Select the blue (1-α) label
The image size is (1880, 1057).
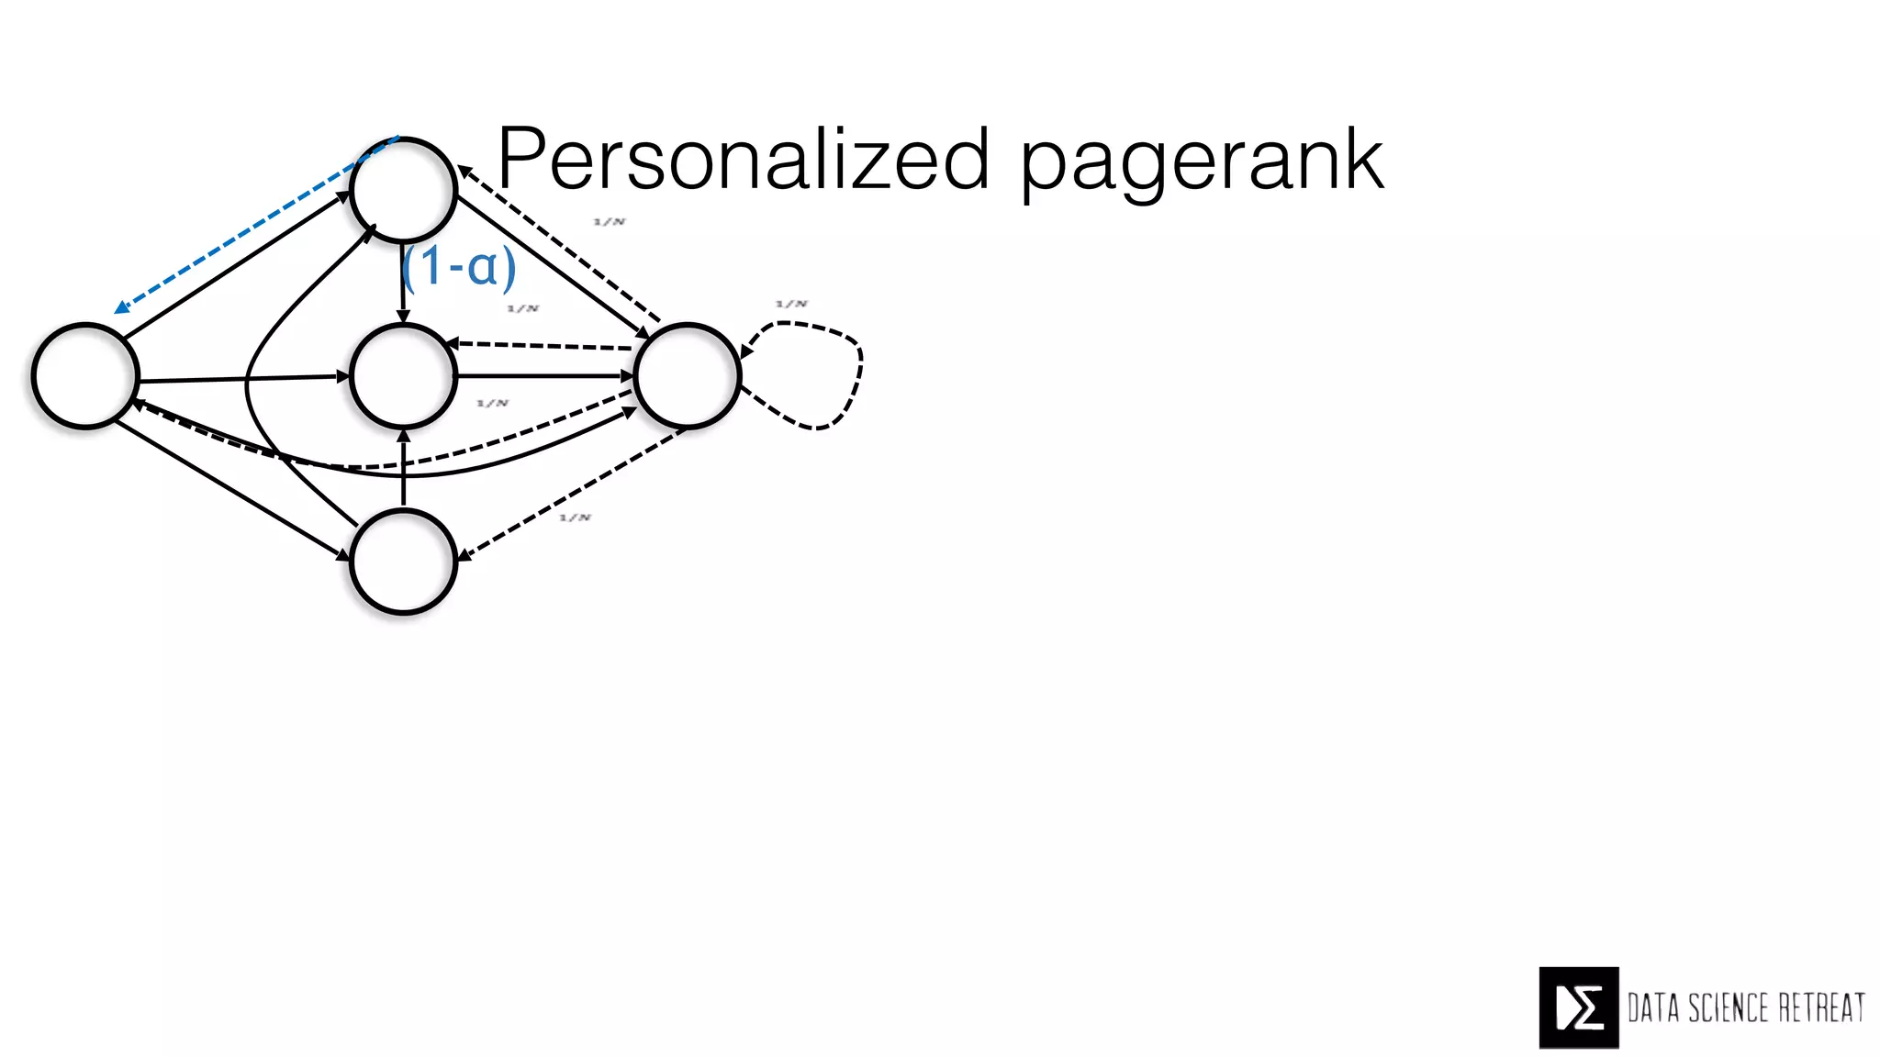pos(459,267)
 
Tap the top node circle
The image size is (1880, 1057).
pos(403,190)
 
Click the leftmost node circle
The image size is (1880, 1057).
pos(85,375)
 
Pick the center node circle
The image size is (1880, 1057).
pos(403,375)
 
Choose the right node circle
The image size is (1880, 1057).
pos(687,375)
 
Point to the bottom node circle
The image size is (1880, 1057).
pos(403,561)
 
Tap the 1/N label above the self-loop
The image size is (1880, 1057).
pos(791,304)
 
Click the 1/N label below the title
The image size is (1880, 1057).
pos(610,222)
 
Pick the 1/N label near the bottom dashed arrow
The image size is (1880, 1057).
pos(576,517)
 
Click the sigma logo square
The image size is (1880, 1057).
pos(1578,1007)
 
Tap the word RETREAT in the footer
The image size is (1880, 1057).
pos(1821,1008)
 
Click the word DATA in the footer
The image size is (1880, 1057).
pos(1653,1008)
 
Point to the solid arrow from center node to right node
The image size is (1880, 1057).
pos(545,375)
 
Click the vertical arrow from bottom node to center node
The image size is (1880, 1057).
pos(403,468)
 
